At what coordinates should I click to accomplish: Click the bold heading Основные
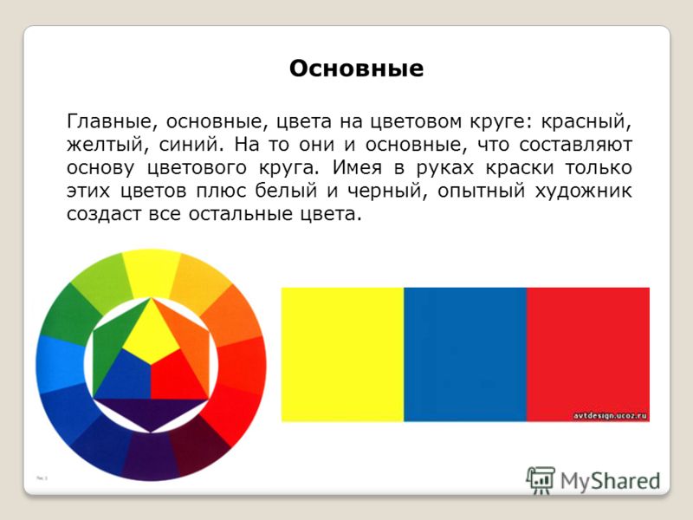[356, 68]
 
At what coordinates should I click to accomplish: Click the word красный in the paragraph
[586, 121]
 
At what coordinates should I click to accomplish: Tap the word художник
[583, 191]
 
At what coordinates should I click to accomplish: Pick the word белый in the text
[286, 190]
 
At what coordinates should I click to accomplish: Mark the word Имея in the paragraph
[356, 167]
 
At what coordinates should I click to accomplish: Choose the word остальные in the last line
[240, 214]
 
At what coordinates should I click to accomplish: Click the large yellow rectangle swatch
[342, 354]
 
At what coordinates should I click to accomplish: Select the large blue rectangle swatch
[465, 354]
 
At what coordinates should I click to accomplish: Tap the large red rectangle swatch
[588, 354]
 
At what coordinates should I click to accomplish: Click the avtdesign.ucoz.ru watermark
[610, 415]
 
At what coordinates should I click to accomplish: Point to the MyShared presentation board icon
[540, 480]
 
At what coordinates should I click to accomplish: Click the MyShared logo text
[611, 481]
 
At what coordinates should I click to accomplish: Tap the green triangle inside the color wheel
[114, 345]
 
